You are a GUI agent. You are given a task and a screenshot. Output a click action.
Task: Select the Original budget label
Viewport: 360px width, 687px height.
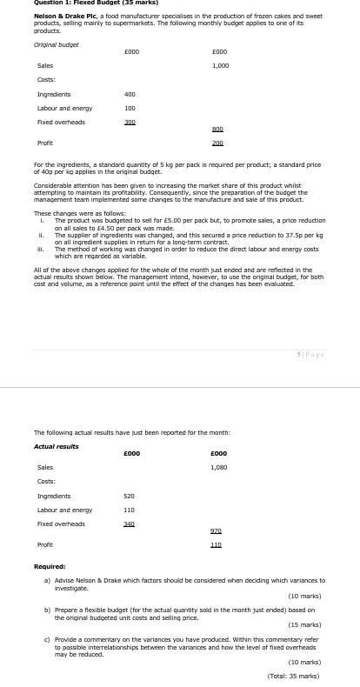coord(56,43)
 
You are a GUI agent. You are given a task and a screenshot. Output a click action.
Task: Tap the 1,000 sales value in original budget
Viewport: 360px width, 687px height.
coord(220,65)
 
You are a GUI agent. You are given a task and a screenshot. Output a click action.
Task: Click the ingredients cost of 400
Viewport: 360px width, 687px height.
coord(130,94)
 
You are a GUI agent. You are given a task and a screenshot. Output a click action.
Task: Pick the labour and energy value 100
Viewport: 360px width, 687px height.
coord(130,108)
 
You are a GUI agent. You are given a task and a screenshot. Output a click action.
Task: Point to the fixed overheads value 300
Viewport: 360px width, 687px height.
coord(130,122)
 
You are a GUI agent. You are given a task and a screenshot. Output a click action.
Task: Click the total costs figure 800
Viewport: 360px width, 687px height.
coord(217,129)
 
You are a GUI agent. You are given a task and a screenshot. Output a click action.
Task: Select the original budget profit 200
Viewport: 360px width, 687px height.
coord(217,143)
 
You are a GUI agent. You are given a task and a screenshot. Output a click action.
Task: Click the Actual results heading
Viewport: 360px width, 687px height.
coord(56,446)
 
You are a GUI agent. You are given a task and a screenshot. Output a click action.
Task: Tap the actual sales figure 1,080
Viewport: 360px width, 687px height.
coord(219,467)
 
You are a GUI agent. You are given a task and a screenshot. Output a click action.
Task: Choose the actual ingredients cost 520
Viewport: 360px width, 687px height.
coord(129,496)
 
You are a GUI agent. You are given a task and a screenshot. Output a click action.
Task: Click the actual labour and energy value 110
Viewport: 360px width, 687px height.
coord(129,510)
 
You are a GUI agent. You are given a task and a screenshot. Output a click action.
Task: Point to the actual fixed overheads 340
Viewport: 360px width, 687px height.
coord(129,524)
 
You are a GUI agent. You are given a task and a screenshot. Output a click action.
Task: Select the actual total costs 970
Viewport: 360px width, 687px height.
coord(216,530)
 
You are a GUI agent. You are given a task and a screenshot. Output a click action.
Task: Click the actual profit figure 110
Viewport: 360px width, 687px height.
coord(216,544)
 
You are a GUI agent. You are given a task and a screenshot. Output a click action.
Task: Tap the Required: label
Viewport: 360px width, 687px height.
coord(50,566)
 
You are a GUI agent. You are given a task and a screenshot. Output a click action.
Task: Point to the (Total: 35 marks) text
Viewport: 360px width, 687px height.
coord(293,676)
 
